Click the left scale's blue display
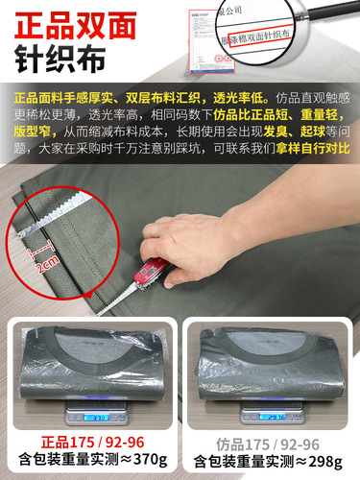tap(93, 419)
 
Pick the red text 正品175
tap(59, 444)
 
